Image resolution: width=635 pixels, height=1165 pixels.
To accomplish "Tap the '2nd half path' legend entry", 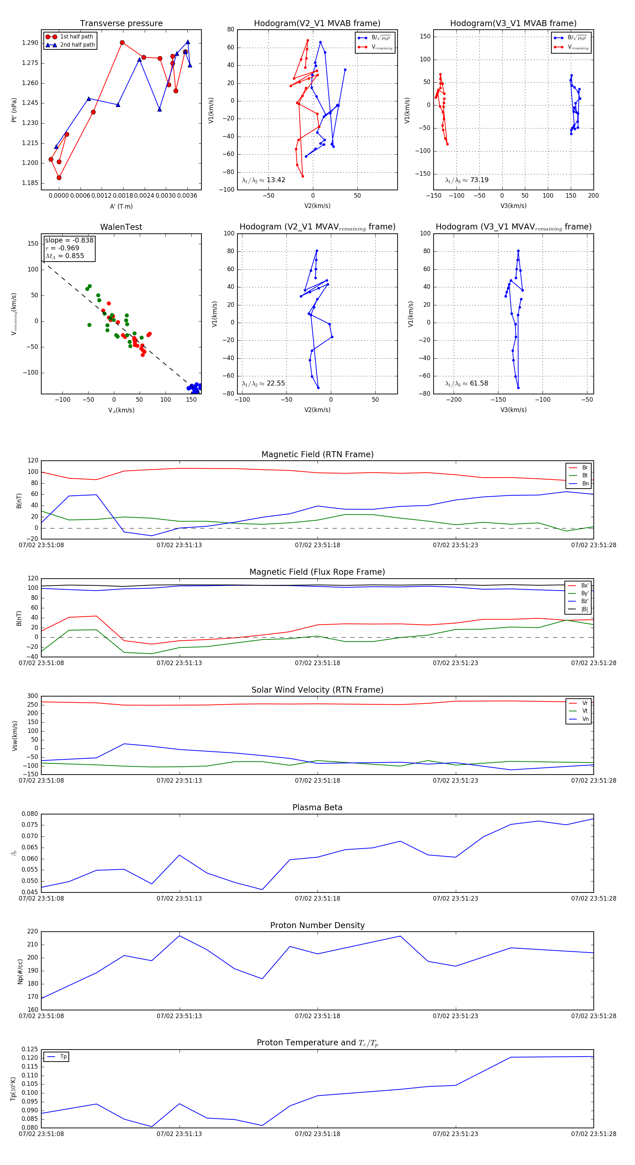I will pos(77,45).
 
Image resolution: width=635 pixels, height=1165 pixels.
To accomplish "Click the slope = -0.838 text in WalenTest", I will pos(69,240).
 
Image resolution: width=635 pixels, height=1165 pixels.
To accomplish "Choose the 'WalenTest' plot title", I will pos(121,227).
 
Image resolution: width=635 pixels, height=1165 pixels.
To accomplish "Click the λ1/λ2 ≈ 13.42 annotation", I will pos(264,180).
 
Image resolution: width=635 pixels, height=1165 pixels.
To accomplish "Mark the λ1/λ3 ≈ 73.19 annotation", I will pos(466,180).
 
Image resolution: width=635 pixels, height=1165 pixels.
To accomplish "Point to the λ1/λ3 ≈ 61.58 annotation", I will pos(466,383).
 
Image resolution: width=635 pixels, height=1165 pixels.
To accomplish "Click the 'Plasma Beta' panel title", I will pos(317,807).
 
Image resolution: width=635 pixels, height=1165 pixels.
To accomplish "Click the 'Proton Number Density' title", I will pos(317,925).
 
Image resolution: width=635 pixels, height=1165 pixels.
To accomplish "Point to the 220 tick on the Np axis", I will pos(32,932).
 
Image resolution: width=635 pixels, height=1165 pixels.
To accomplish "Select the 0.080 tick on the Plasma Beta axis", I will pos(30,814).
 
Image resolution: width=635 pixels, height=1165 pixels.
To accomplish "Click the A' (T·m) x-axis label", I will pos(121,206).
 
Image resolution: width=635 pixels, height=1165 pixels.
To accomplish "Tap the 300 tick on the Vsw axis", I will pos(32,696).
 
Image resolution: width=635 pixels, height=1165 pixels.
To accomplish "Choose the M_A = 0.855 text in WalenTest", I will pos(65,256).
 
